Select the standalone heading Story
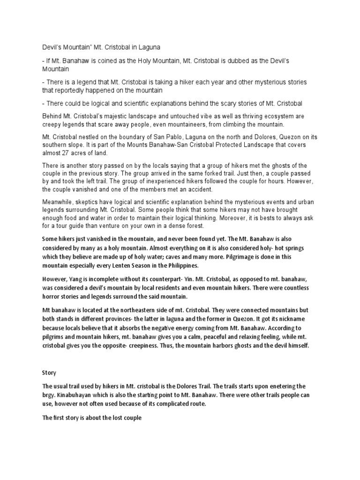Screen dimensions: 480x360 point(49,373)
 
